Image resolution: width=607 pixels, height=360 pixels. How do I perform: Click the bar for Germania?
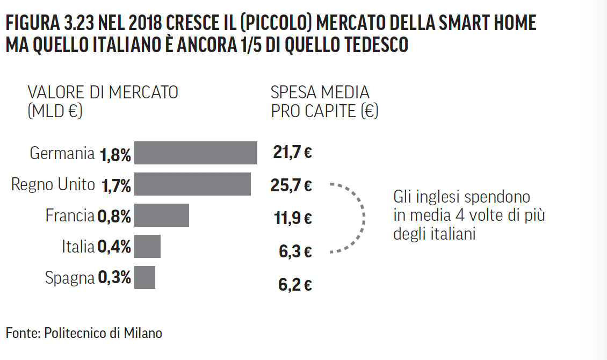[196, 153]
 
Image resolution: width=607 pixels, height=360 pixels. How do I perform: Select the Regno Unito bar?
[192, 184]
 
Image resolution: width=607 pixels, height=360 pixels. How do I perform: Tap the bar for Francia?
[162, 215]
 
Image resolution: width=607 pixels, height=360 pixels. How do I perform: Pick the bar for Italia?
[147, 247]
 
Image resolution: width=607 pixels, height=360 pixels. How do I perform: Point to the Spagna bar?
[144, 278]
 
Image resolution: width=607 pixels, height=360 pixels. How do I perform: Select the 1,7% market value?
[115, 186]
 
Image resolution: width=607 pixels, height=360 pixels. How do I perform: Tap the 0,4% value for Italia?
[114, 248]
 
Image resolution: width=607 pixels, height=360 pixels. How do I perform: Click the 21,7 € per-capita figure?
[292, 153]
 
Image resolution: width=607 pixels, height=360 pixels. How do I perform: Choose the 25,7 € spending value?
[292, 186]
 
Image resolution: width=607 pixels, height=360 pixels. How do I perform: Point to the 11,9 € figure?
[292, 219]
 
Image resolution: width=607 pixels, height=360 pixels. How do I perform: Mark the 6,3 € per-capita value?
[295, 251]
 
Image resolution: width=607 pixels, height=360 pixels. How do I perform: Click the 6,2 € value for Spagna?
[295, 284]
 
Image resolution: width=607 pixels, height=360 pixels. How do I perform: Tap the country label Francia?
[70, 216]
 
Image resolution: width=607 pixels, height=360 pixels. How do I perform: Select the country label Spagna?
[70, 278]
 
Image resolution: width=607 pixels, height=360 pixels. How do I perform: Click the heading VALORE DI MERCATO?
[103, 92]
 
